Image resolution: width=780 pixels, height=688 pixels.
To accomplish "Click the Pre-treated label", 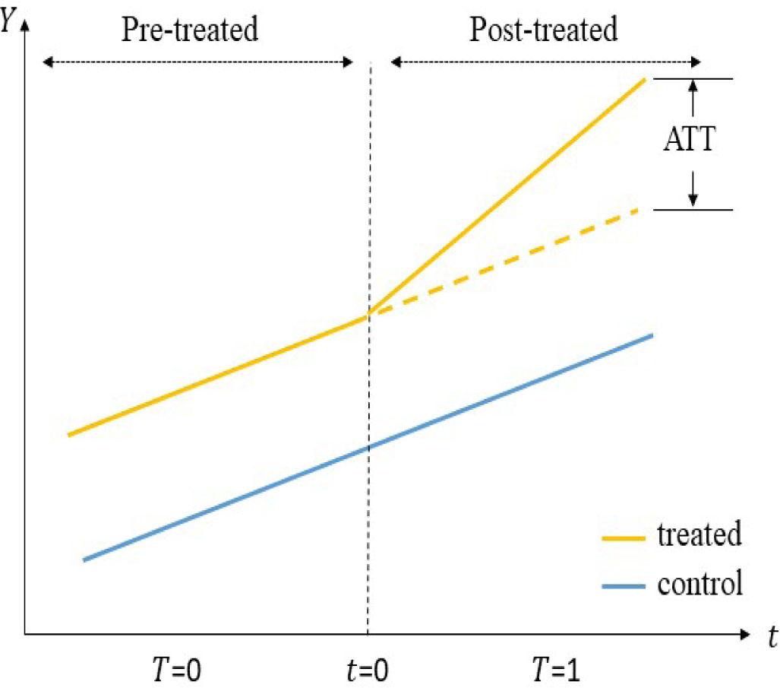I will pos(191,30).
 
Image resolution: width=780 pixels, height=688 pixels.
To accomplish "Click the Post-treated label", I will pos(543,30).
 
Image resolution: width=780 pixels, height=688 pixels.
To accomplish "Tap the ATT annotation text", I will pos(689,140).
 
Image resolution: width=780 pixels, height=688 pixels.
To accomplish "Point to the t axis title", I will pos(772,637).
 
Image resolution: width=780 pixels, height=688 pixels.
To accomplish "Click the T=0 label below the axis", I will pos(175,671).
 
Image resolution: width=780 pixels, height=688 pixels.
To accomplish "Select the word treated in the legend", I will pos(699,535).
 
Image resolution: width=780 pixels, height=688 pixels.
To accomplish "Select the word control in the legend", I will pos(699,585).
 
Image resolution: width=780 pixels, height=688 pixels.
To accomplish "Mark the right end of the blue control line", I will pos(651,335).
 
